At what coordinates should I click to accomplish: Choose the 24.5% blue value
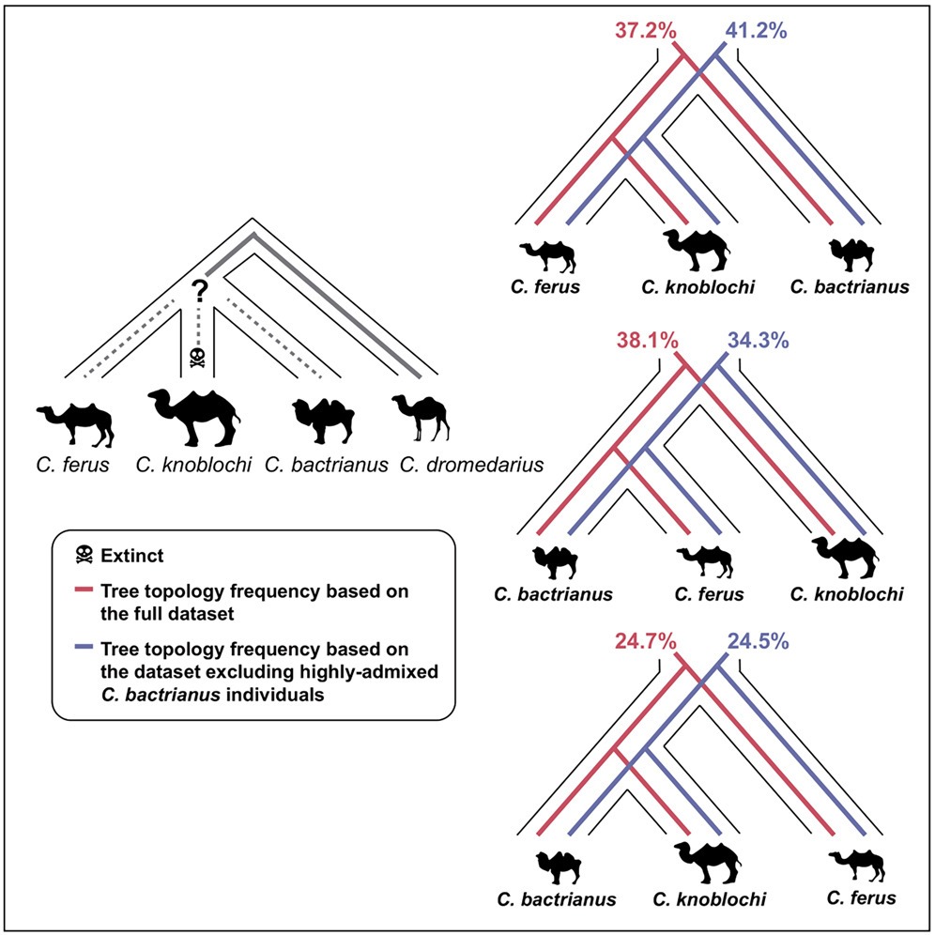757,642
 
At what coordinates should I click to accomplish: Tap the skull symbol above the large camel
198,356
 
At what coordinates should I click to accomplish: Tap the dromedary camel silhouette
420,419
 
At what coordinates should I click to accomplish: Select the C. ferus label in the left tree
75,464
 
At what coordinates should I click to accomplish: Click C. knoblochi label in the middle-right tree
847,594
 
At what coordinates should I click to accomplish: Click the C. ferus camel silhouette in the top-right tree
549,253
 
